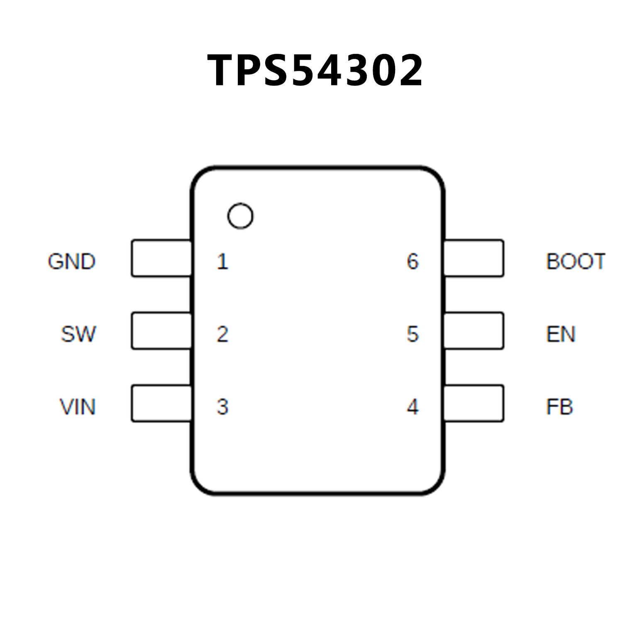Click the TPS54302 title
[315, 71]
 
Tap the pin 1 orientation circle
[240, 216]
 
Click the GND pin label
[72, 261]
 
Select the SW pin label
[78, 334]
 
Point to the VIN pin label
[78, 407]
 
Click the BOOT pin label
[576, 261]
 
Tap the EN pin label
[561, 334]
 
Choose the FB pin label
[559, 407]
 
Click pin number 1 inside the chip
[222, 261]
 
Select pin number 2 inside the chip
[222, 334]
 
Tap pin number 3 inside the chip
[222, 407]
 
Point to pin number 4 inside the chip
[412, 407]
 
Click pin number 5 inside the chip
[412, 334]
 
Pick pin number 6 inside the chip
[412, 261]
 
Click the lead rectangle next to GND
[161, 258]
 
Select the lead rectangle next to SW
[161, 331]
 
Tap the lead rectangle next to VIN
[161, 403]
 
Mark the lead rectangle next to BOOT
[474, 258]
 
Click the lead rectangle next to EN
[474, 331]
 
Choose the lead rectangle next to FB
[474, 403]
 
